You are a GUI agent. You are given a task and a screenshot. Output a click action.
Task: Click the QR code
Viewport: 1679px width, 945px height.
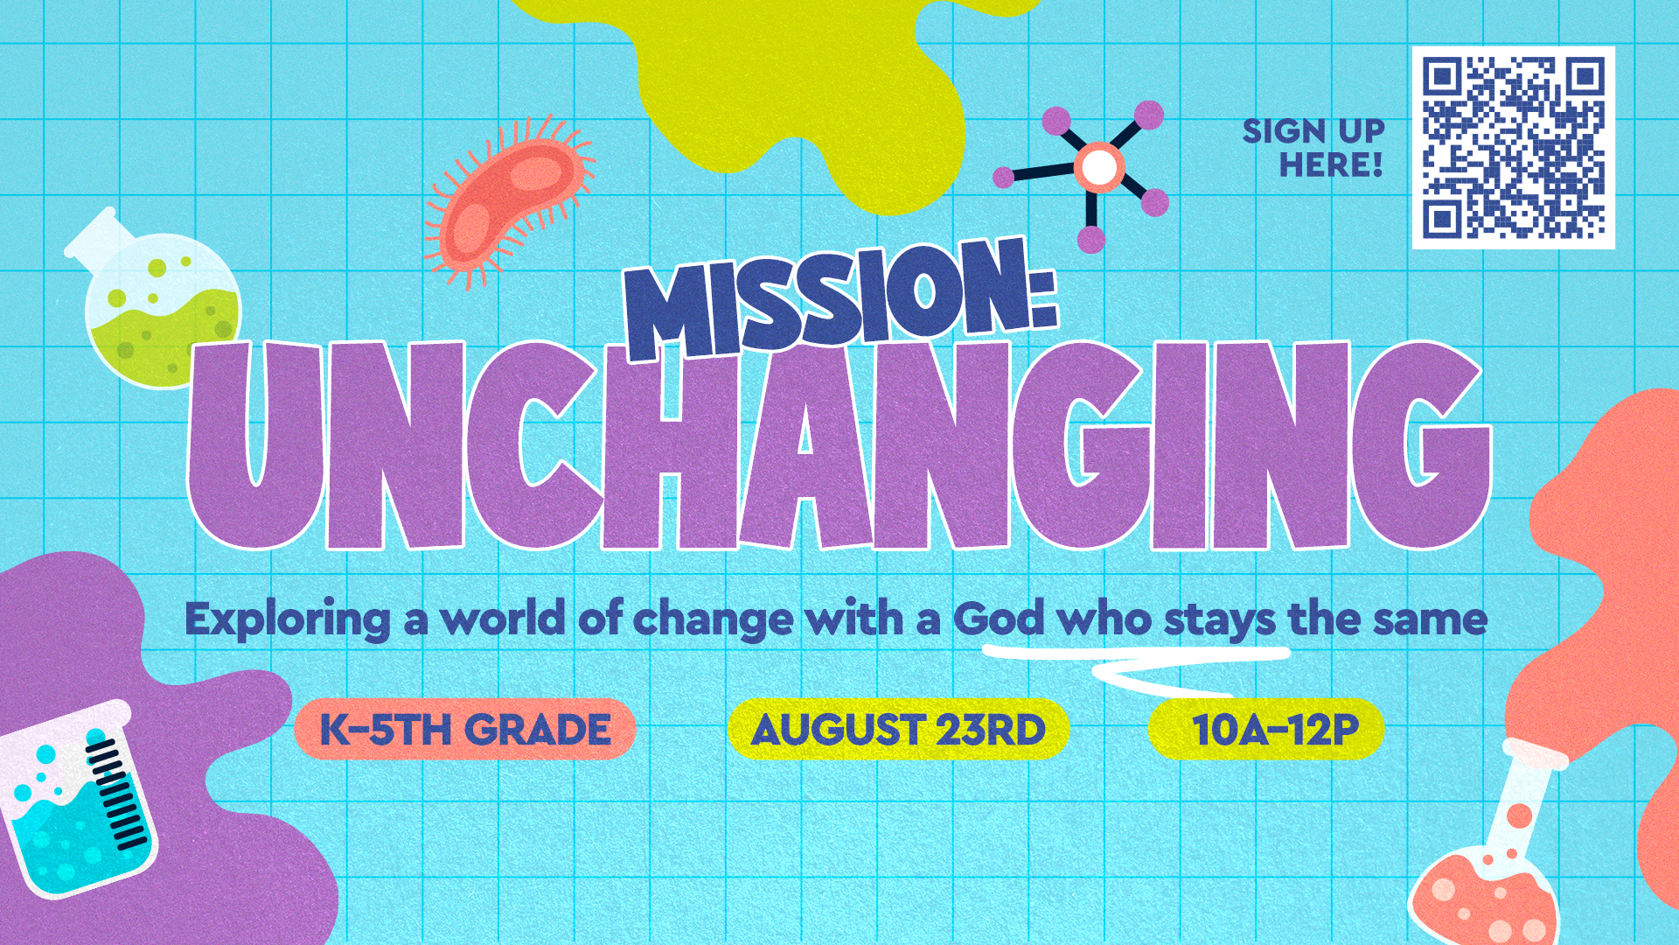[1513, 147]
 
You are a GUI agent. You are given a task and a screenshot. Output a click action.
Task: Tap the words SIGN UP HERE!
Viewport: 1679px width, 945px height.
[1313, 148]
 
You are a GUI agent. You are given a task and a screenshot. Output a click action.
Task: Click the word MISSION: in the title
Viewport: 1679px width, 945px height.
[839, 297]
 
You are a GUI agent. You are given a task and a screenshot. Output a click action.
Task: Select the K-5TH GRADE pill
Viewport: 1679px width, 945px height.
[464, 729]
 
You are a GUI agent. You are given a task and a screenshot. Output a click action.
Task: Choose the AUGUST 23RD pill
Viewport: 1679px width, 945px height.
[898, 729]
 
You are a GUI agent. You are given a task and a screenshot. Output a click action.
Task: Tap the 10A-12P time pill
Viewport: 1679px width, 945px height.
[1266, 729]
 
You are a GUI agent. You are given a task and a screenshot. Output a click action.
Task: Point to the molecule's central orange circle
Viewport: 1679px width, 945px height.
[1098, 167]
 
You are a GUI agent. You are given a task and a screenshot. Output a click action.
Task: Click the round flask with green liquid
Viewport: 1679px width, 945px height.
[157, 302]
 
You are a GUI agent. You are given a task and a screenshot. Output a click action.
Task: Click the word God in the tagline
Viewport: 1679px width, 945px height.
[999, 619]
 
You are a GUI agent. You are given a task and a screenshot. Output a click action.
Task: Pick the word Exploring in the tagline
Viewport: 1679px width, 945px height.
[288, 620]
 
